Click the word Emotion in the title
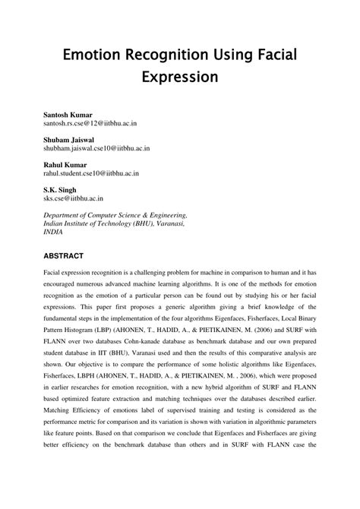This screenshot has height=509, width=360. point(96,55)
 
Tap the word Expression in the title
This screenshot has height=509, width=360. point(179,77)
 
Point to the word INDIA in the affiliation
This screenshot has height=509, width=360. point(55,233)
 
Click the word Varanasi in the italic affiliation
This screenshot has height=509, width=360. point(166,224)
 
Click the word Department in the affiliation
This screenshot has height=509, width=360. point(65,215)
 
